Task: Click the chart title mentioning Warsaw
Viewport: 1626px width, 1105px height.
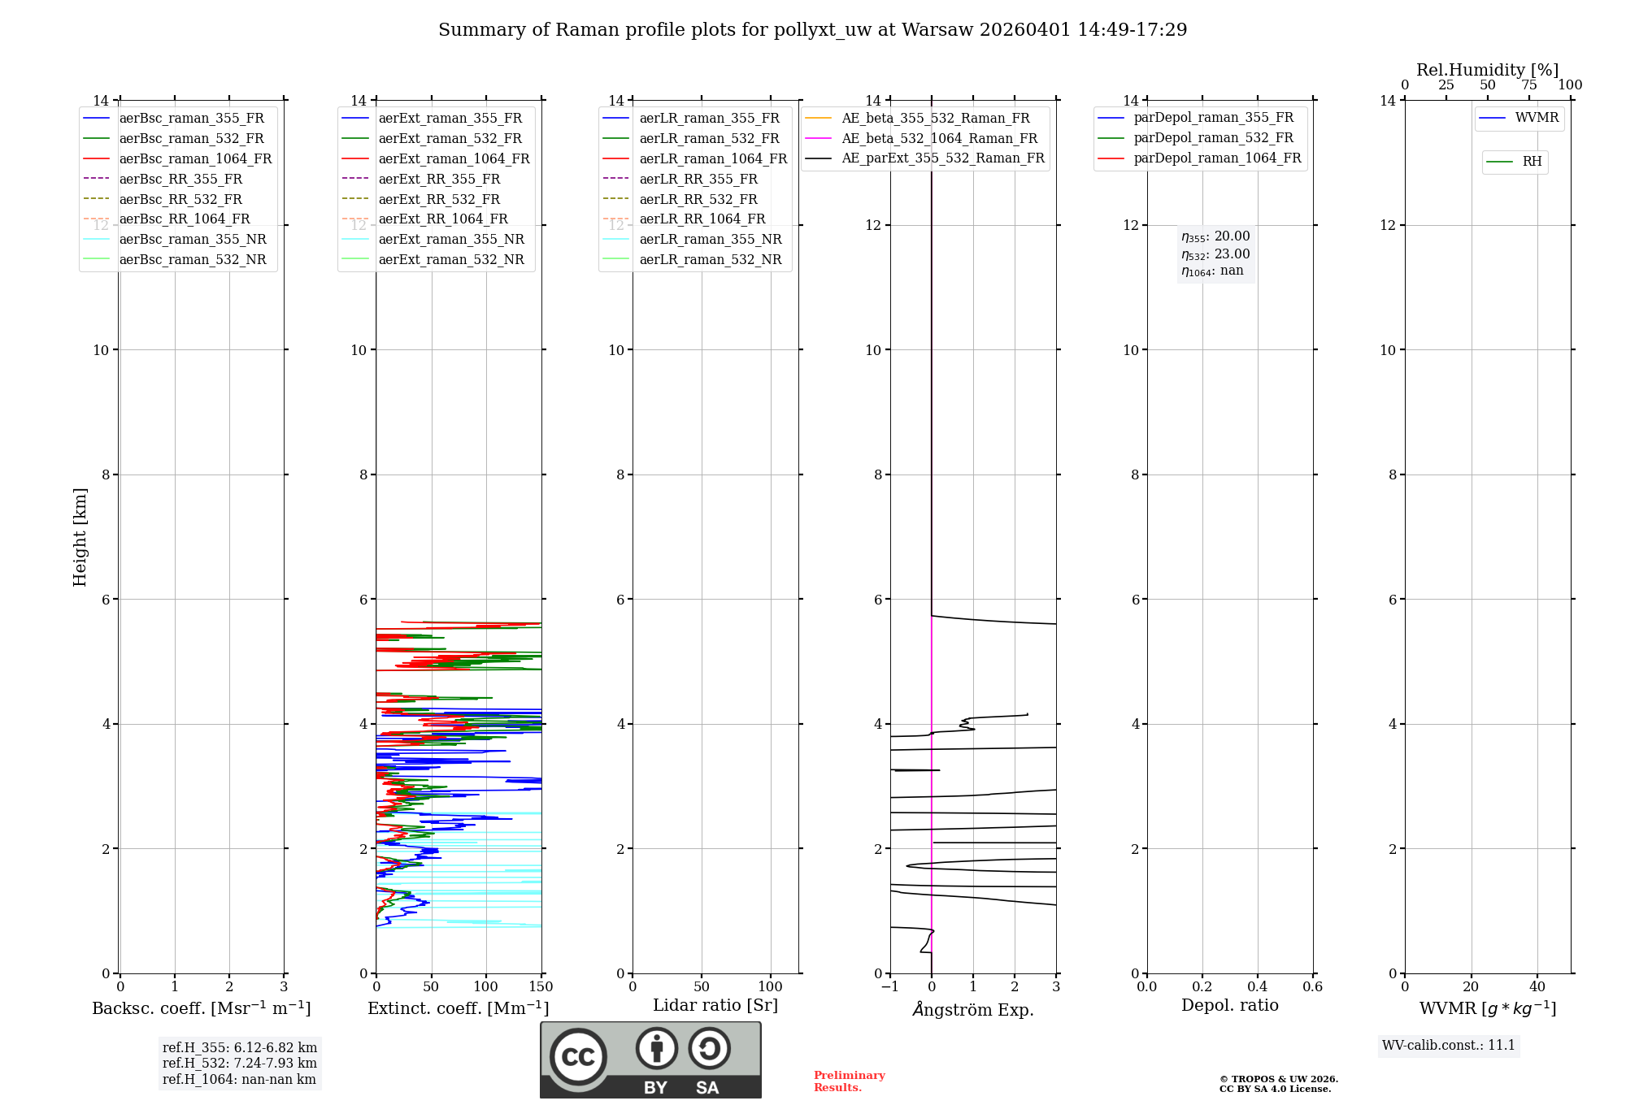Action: pyautogui.click(x=812, y=30)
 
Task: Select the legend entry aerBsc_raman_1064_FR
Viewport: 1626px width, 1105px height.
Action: pyautogui.click(x=195, y=158)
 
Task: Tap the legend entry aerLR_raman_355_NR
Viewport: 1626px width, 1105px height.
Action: pyautogui.click(x=710, y=239)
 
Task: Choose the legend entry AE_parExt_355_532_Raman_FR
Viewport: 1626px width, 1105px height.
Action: pyautogui.click(x=942, y=158)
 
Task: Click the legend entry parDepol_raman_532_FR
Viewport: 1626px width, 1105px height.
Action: pyautogui.click(x=1213, y=138)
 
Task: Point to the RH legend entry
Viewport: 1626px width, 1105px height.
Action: pyautogui.click(x=1532, y=162)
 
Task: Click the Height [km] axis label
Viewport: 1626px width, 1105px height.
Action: pyautogui.click(x=80, y=536)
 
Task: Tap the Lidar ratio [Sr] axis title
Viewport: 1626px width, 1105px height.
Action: pyautogui.click(x=715, y=1005)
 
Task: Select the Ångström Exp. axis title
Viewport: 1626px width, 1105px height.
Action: pyautogui.click(x=973, y=1009)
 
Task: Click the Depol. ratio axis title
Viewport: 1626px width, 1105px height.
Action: pyautogui.click(x=1230, y=1005)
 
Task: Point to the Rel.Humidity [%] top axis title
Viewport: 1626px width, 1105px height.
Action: pyautogui.click(x=1487, y=70)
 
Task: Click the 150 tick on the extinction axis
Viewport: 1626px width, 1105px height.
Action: pyautogui.click(x=541, y=986)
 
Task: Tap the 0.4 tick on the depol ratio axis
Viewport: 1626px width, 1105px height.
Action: pyautogui.click(x=1258, y=986)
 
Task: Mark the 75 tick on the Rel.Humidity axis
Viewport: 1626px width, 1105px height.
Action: pyautogui.click(x=1529, y=85)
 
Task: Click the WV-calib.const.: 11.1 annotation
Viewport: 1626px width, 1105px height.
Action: pyautogui.click(x=1449, y=1045)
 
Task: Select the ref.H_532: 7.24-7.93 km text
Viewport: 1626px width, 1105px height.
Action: pyautogui.click(x=240, y=1063)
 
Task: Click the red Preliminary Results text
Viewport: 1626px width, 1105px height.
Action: pyautogui.click(x=849, y=1081)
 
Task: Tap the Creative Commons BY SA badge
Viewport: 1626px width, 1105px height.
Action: pyautogui.click(x=650, y=1059)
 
